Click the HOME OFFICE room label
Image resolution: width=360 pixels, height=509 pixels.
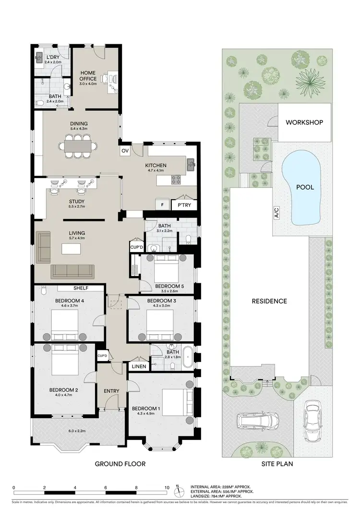point(88,75)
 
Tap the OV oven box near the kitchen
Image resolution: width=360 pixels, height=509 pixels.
point(125,150)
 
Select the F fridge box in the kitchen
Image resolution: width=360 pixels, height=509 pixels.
point(162,204)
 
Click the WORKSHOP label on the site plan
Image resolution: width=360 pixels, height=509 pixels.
point(304,122)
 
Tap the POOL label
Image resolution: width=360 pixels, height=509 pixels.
point(305,187)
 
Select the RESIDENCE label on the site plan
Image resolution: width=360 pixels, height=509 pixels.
point(269,301)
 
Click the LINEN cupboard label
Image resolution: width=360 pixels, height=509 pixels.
point(139,366)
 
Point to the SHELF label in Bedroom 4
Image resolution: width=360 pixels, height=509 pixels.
point(81,289)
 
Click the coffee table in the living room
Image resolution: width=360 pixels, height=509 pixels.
point(71,249)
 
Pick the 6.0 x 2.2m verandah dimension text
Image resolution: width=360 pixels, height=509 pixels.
point(64,431)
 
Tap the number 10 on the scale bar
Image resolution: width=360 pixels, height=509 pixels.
point(167,488)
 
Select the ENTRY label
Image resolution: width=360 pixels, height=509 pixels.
point(111,391)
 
